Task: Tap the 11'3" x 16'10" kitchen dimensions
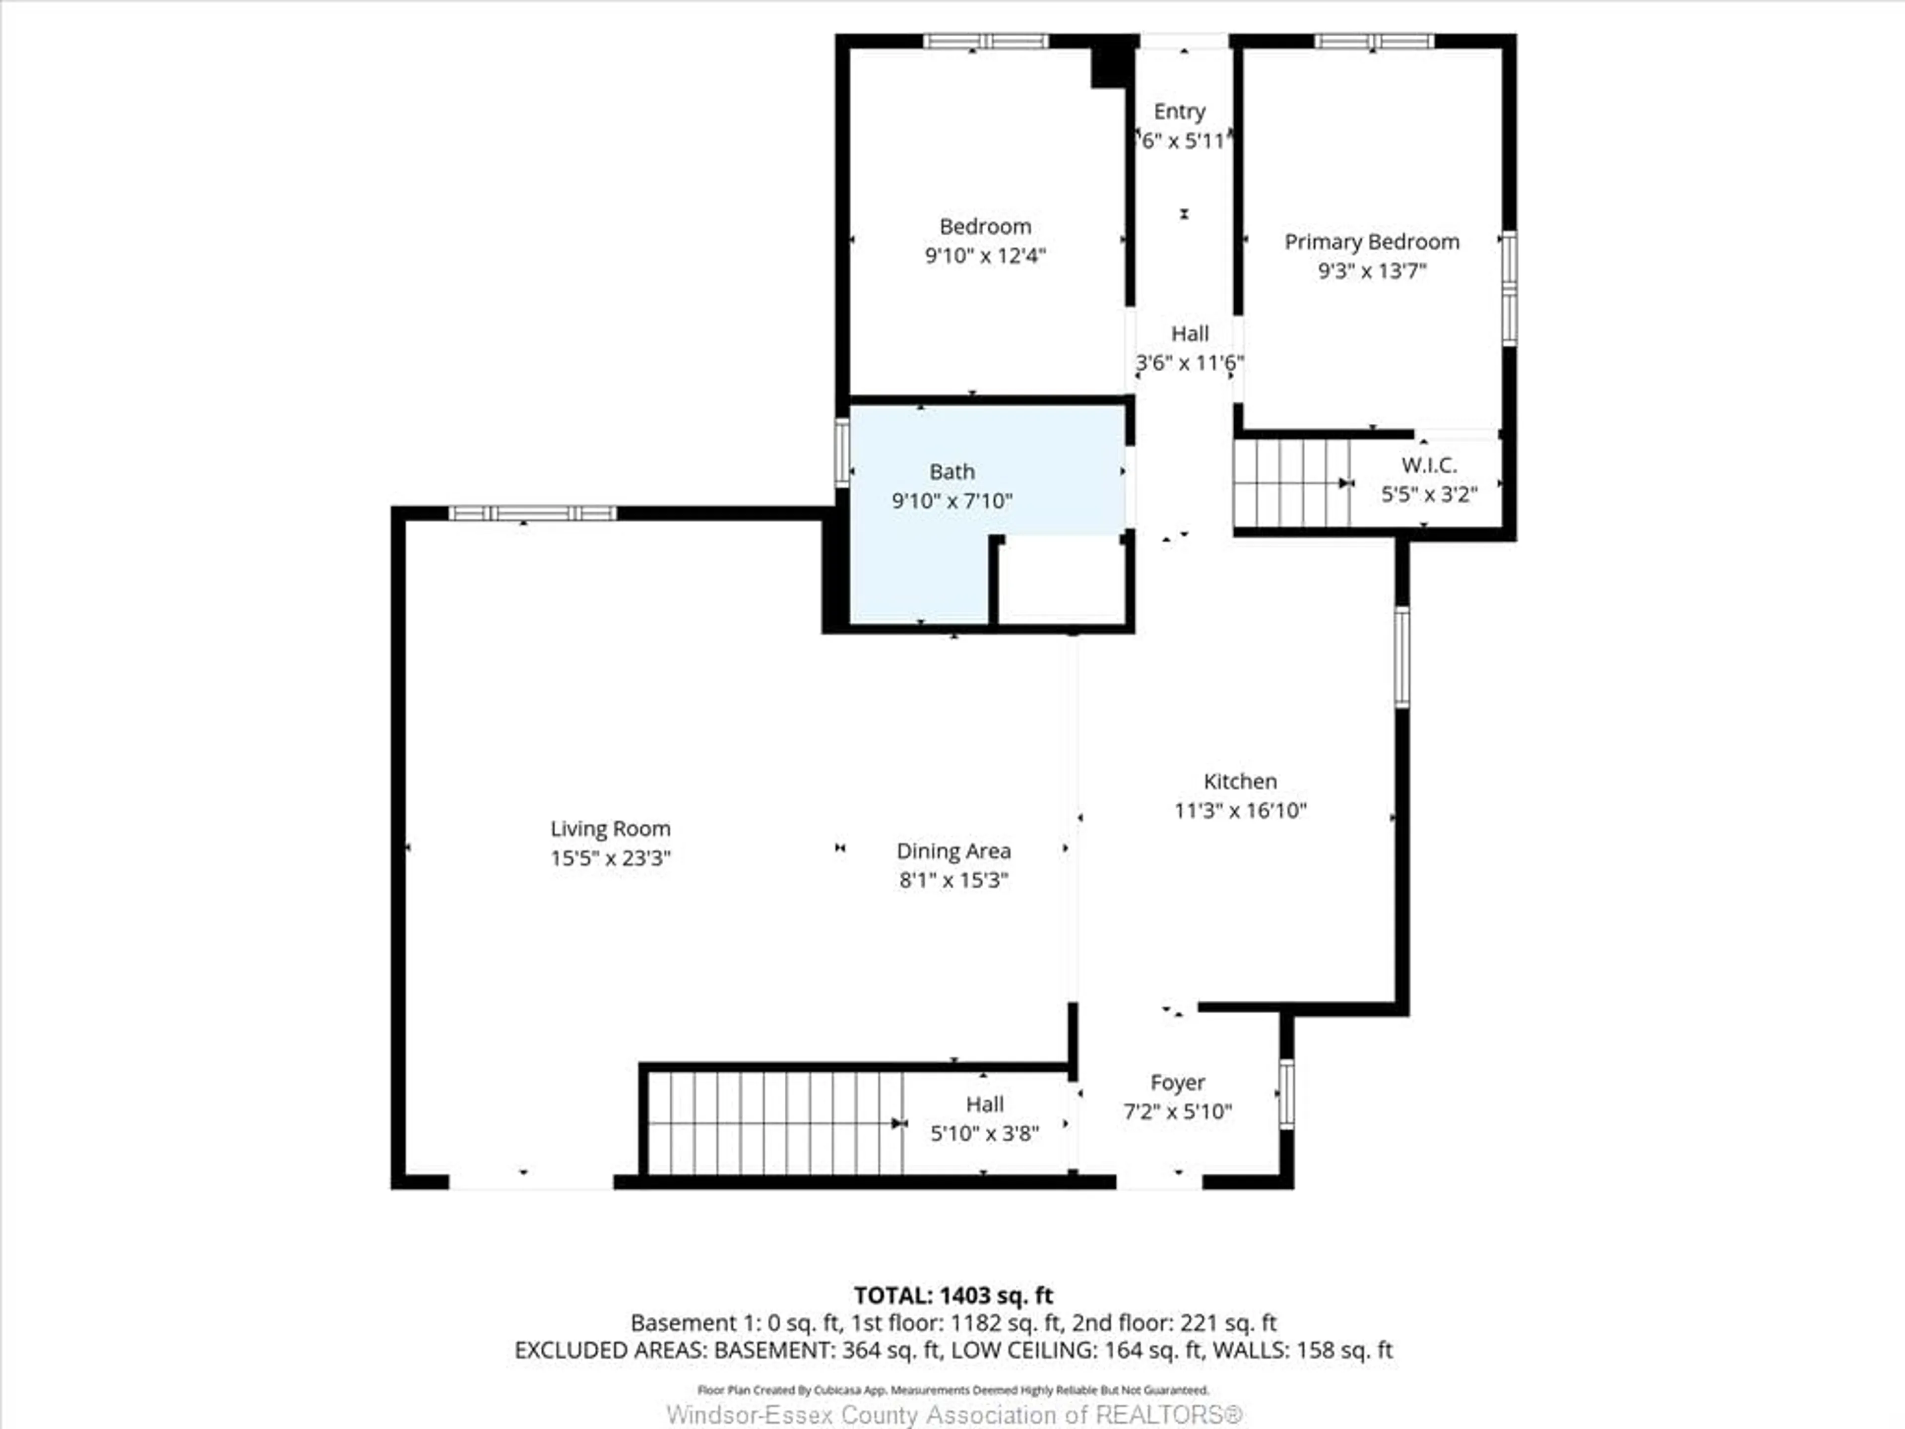coord(1240,811)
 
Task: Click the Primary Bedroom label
coord(1372,242)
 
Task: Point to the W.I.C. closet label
coord(1429,465)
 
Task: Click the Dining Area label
coord(953,851)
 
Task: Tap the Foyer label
coord(1177,1083)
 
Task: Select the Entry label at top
coord(1179,112)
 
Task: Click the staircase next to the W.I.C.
coord(1291,483)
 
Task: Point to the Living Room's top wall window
coord(532,514)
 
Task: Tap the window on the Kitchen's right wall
coord(1402,657)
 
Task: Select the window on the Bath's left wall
coord(842,452)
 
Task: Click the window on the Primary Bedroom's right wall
coord(1509,289)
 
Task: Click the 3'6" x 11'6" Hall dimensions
coord(1189,363)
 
